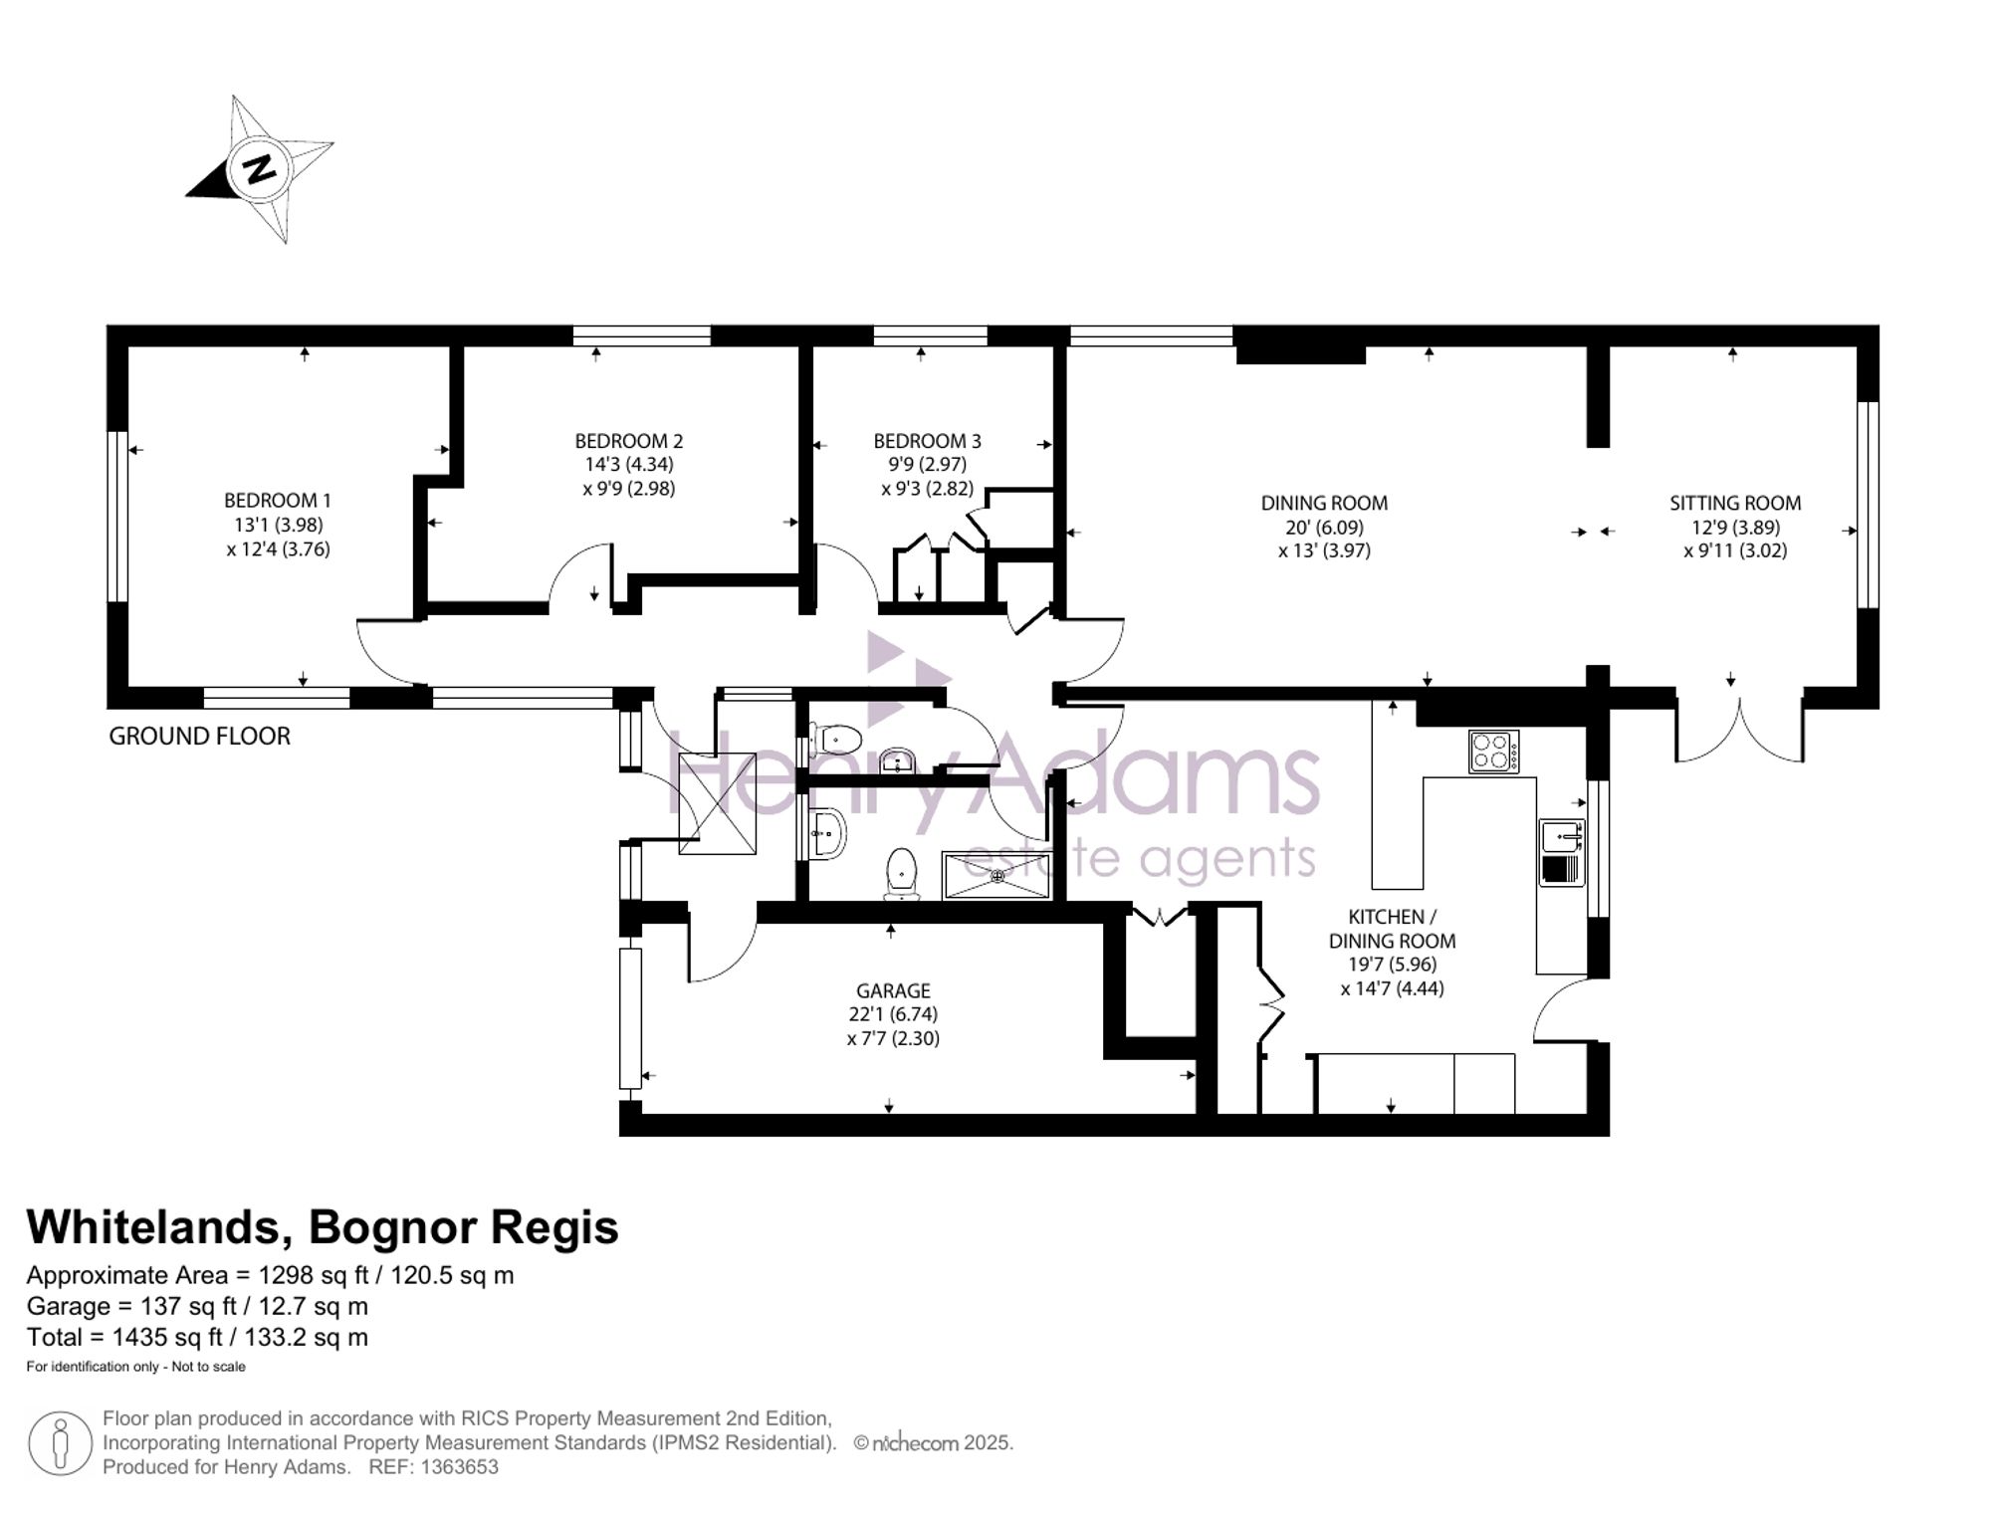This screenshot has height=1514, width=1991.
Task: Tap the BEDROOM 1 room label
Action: [x=278, y=501]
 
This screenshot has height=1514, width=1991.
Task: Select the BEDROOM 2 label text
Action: [x=629, y=441]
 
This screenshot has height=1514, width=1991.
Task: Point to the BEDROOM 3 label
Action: [x=928, y=441]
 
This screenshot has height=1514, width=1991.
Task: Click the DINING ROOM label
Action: [x=1324, y=504]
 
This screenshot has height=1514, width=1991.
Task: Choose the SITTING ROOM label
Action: [x=1735, y=504]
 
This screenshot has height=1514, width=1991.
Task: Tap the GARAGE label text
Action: [x=893, y=991]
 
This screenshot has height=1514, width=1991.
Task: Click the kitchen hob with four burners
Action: [x=1494, y=752]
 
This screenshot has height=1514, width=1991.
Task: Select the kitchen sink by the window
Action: [x=1562, y=853]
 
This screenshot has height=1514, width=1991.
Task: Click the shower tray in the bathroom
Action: [x=996, y=876]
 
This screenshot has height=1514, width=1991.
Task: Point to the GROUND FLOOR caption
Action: [x=199, y=737]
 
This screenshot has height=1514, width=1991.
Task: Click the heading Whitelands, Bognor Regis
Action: [x=323, y=1227]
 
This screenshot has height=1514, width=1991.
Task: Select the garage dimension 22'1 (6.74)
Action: [x=893, y=1014]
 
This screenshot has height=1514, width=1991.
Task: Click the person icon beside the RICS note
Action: [x=61, y=1443]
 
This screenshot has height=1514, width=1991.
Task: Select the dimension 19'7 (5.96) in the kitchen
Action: [x=1392, y=965]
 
